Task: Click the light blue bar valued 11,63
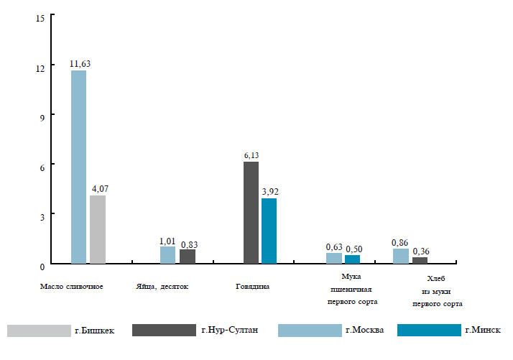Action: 78,167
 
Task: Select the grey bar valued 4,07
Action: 97,230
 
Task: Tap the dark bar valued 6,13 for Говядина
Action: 251,213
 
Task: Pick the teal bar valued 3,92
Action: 269,231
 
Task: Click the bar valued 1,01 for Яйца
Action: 167,256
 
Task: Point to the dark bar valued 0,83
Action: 188,257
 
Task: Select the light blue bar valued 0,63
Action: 334,259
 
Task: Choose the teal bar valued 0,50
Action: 352,260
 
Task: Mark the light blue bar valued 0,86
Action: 401,257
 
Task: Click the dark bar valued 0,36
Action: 420,262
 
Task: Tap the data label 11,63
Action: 80,64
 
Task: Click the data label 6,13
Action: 251,155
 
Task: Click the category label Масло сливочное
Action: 72,287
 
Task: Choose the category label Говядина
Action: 253,287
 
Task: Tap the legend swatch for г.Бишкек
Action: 38,331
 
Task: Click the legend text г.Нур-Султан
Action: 229,331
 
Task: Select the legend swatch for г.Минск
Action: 429,331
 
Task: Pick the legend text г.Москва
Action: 364,331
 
